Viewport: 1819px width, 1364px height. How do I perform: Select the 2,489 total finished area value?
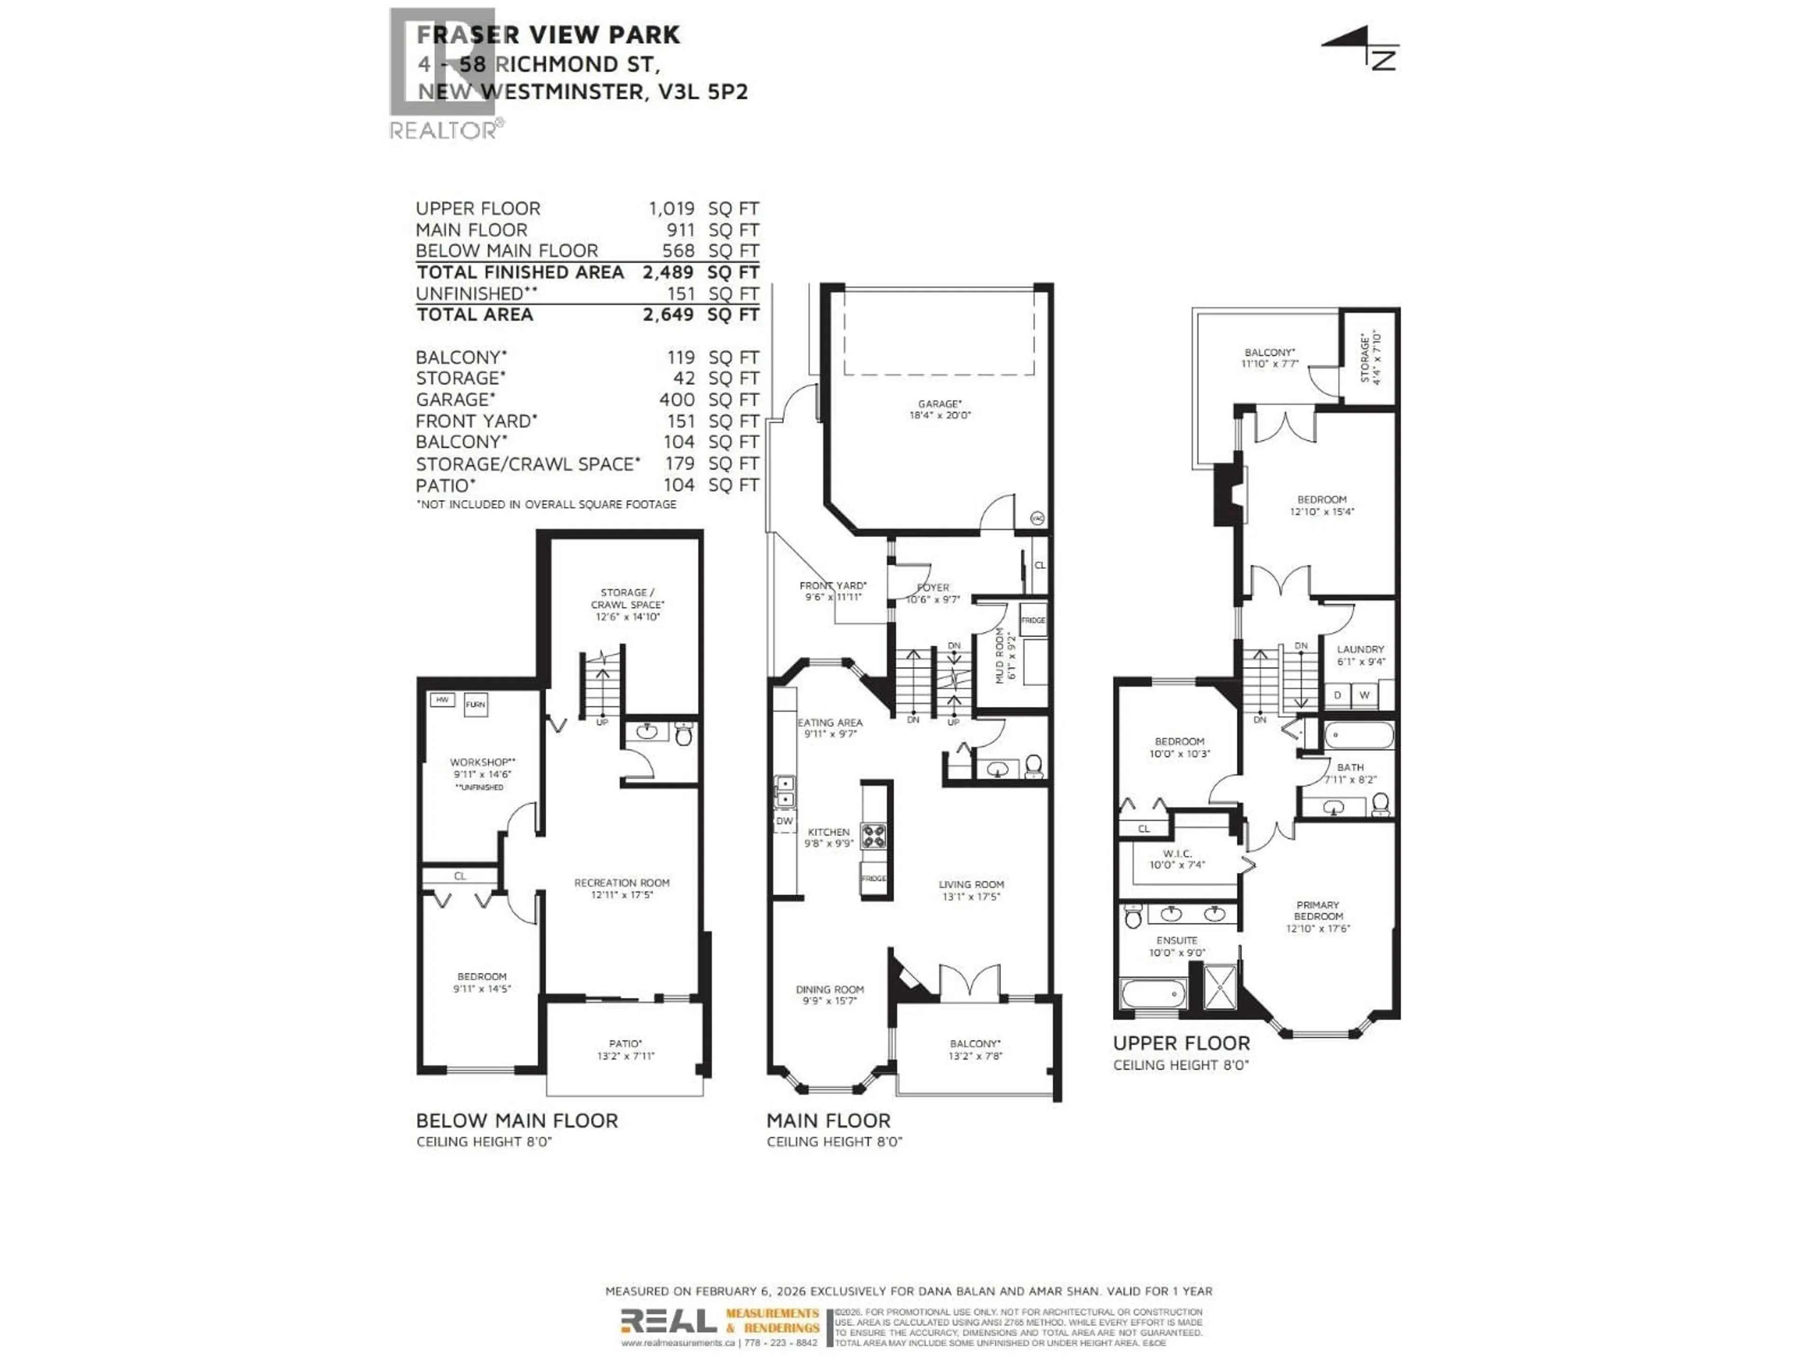[668, 272]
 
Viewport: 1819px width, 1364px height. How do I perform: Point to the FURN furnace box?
[475, 705]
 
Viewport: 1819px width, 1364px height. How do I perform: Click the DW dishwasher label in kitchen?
[784, 821]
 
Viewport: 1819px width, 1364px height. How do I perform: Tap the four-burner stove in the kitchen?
[873, 835]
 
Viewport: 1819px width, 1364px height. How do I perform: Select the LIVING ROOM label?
[971, 885]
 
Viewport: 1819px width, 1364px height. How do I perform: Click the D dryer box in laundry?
[1337, 695]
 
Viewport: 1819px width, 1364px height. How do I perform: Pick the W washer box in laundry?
[1364, 695]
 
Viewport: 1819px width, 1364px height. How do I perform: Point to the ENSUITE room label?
[1177, 940]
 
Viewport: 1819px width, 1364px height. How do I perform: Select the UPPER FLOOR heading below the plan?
[1181, 1043]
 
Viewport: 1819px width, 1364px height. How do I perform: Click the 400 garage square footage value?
[677, 400]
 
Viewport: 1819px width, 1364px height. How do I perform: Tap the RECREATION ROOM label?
[621, 882]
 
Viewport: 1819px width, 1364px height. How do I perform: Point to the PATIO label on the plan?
[625, 1043]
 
